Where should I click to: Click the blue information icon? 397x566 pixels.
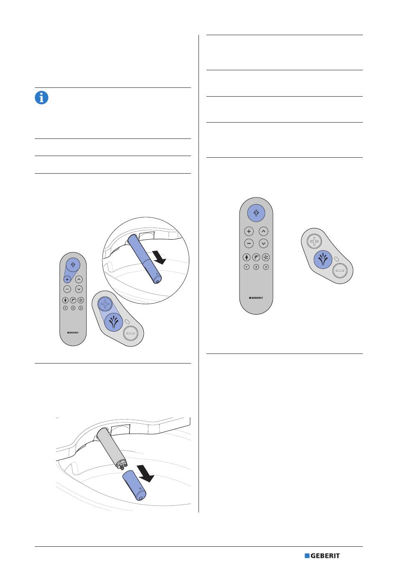41,97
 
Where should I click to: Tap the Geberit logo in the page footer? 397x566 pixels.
322,556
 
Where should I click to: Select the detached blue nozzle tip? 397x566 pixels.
134,485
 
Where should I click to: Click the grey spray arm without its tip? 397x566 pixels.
111,448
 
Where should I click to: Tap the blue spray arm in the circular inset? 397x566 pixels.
145,259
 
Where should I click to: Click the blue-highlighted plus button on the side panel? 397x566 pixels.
105,304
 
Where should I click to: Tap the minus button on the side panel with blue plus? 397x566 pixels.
131,333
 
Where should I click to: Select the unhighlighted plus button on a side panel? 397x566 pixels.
314,241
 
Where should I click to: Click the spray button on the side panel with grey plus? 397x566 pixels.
323,259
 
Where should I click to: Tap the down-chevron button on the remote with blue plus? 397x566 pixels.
79,289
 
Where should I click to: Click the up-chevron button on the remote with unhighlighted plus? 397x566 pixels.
264,231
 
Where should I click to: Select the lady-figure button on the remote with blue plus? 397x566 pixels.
65,300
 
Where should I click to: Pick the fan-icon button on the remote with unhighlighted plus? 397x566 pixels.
266,257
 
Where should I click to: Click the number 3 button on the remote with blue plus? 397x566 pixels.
81,308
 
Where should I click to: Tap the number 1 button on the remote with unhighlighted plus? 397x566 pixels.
247,267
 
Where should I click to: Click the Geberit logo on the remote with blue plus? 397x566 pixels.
73,333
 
